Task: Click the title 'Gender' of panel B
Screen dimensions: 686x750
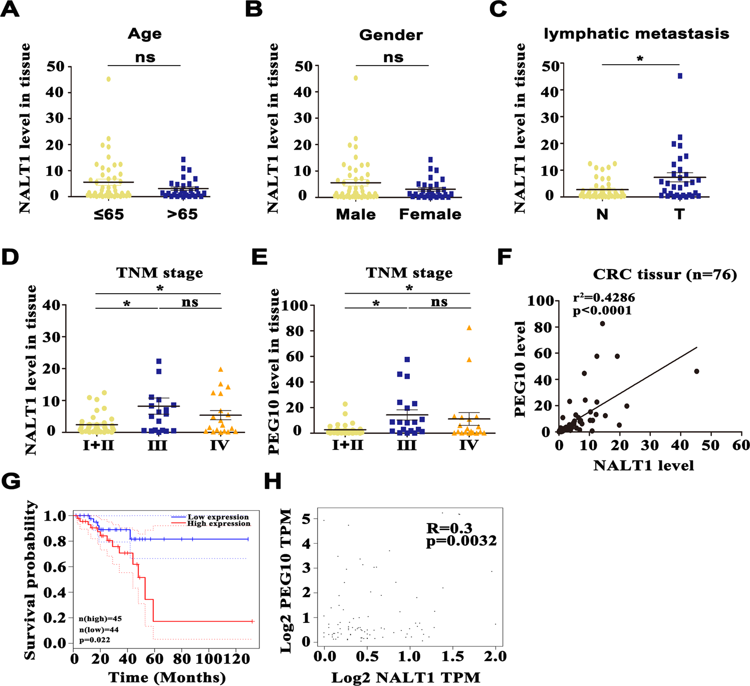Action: point(391,35)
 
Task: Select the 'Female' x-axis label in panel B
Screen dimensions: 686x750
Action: point(430,214)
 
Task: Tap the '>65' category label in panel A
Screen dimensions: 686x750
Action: point(182,214)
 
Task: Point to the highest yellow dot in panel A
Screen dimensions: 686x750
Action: point(108,79)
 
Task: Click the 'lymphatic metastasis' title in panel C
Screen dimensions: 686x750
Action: point(636,34)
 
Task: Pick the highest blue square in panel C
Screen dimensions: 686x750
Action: point(680,76)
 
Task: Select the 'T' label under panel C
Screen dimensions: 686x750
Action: point(679,214)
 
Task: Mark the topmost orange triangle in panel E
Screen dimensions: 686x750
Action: point(469,328)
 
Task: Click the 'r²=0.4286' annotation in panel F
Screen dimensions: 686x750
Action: point(604,298)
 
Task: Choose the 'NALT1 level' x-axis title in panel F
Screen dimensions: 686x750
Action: point(644,466)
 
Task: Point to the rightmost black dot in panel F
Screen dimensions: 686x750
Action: point(696,371)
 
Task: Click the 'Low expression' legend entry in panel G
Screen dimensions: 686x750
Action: point(218,517)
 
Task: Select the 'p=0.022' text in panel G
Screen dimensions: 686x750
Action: point(95,640)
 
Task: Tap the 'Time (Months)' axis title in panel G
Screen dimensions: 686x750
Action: point(167,677)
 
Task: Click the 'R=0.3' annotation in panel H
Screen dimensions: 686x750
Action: point(449,528)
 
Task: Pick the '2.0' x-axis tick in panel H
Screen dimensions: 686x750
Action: point(495,656)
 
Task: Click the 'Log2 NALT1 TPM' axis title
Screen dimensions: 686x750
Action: point(406,677)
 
